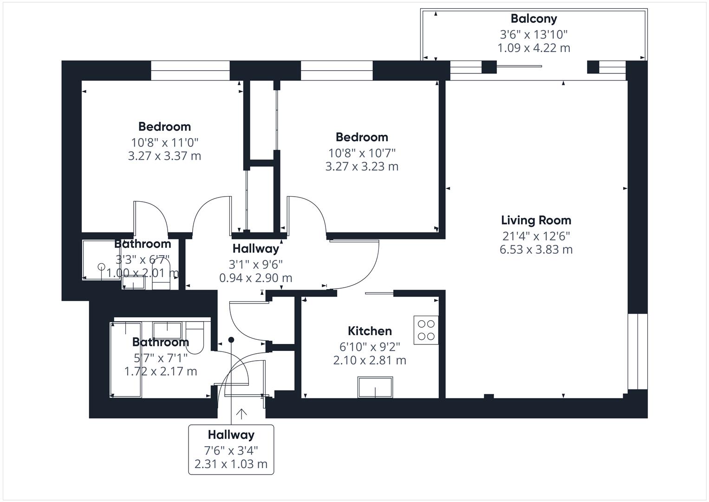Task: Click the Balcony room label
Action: [533, 19]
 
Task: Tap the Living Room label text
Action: [536, 220]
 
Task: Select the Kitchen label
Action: [370, 331]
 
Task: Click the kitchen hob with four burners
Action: [426, 330]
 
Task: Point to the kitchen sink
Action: [375, 387]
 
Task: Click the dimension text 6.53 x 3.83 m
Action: [536, 250]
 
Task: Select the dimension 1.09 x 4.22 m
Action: [533, 48]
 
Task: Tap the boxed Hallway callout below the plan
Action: [231, 449]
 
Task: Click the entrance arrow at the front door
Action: [241, 414]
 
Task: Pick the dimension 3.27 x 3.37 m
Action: [164, 156]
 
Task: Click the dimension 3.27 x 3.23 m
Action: [362, 166]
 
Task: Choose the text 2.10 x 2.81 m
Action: [370, 360]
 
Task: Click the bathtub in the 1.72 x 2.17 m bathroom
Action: [126, 360]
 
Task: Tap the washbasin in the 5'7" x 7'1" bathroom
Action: [167, 330]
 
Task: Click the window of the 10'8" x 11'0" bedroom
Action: [190, 70]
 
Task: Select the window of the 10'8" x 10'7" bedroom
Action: [337, 70]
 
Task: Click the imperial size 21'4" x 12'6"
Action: [536, 236]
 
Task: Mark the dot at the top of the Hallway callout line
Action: [231, 340]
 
